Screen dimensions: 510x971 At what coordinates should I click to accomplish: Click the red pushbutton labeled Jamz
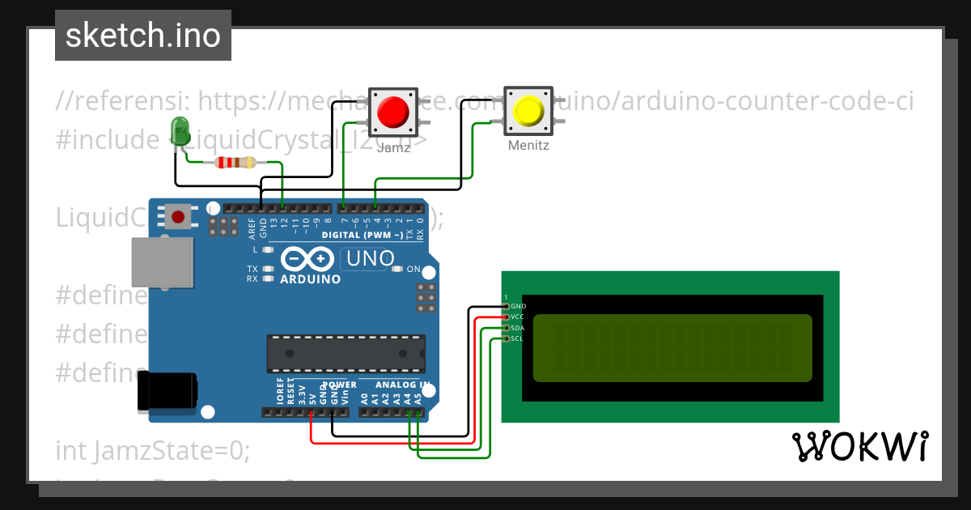(x=393, y=112)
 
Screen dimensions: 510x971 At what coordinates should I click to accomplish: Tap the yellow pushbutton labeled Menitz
(x=529, y=111)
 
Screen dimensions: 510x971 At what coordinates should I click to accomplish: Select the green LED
(x=180, y=131)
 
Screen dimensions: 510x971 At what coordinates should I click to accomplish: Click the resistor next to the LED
(x=235, y=163)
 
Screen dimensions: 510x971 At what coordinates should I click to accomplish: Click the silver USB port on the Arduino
(x=163, y=262)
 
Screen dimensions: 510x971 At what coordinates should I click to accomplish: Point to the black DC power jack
(x=167, y=391)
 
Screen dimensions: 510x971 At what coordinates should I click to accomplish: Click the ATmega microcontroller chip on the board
(x=346, y=353)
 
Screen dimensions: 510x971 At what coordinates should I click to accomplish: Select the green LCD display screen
(x=672, y=347)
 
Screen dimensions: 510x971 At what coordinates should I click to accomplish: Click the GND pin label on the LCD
(x=519, y=306)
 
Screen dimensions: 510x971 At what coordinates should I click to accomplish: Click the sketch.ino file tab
(x=143, y=36)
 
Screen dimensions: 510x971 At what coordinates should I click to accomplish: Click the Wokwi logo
(x=859, y=446)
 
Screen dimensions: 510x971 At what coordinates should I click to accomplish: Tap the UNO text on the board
(x=370, y=259)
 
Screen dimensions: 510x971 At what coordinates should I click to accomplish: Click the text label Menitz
(x=529, y=147)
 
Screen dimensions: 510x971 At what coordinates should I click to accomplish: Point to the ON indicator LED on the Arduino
(x=397, y=269)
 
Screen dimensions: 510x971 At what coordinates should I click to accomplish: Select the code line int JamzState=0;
(x=153, y=450)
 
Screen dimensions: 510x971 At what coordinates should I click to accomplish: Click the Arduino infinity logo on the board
(x=310, y=259)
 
